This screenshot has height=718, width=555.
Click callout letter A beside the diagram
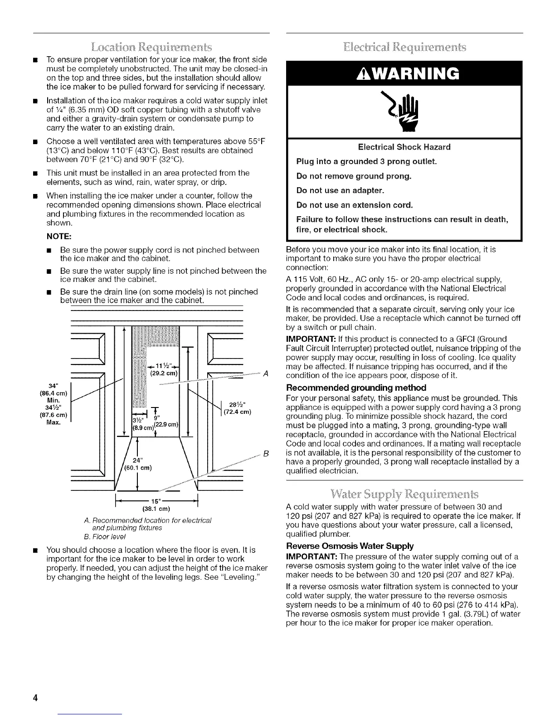click(x=266, y=374)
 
